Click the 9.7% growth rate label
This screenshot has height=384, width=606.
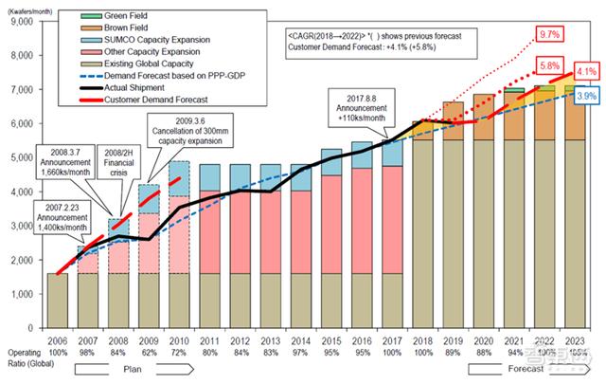click(x=546, y=34)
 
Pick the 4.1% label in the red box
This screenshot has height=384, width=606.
click(x=585, y=71)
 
